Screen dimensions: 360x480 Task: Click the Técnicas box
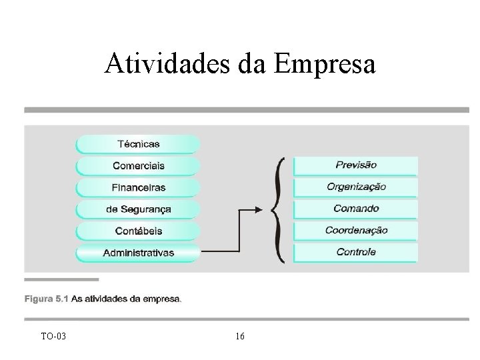(138, 143)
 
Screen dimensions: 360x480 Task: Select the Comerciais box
(138, 165)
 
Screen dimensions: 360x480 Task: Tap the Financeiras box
(138, 187)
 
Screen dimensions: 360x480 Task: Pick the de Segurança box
(138, 209)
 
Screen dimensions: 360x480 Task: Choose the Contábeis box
(138, 231)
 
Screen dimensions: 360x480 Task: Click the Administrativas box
(138, 253)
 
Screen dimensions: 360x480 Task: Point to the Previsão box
(356, 165)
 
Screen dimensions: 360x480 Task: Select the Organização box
(356, 187)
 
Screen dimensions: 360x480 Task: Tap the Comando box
(356, 209)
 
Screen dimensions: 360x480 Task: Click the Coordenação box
(356, 231)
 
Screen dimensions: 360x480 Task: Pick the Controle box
(356, 252)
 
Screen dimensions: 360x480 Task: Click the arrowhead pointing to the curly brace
(261, 209)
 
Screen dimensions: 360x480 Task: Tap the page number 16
(240, 336)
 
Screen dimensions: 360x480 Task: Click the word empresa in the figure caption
(161, 299)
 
